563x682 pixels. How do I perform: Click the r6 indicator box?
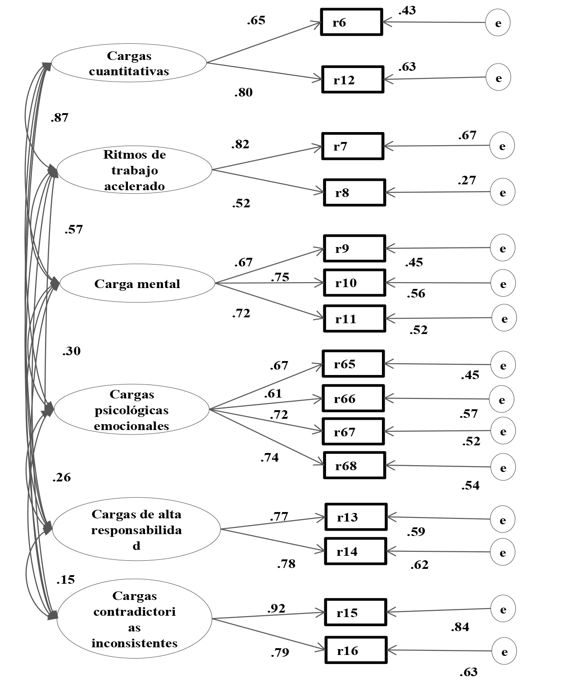[351, 22]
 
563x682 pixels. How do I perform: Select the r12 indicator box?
[353, 80]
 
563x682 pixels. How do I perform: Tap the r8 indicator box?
[354, 193]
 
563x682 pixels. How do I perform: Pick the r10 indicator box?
[354, 283]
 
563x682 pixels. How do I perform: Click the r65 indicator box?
[353, 364]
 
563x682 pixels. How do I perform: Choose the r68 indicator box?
[354, 466]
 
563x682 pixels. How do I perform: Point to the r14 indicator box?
[356, 551]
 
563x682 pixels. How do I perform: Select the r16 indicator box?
[356, 650]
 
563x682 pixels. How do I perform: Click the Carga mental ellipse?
[137, 284]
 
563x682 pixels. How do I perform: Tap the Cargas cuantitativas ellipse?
[129, 63]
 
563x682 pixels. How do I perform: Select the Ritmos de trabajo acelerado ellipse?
[134, 170]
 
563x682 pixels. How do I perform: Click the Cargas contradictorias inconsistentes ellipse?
[134, 619]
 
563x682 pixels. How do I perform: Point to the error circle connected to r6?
[498, 23]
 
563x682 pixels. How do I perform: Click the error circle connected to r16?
[504, 651]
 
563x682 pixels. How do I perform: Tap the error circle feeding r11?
[504, 319]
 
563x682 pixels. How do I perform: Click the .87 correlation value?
[59, 118]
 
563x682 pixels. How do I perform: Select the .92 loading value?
[277, 609]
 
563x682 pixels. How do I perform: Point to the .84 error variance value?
[460, 627]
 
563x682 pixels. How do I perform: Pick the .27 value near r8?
[467, 180]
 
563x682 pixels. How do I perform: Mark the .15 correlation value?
[65, 580]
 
